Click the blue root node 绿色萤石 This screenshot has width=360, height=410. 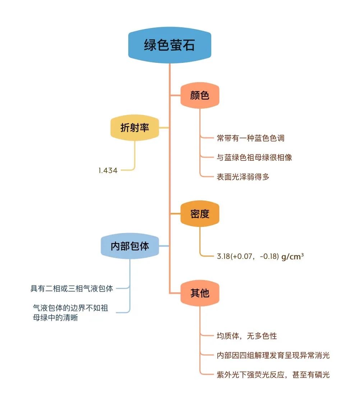pyautogui.click(x=170, y=45)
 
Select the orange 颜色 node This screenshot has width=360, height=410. pyautogui.click(x=200, y=95)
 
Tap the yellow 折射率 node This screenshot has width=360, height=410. pyautogui.click(x=135, y=127)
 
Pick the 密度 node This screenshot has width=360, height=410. pyautogui.click(x=200, y=214)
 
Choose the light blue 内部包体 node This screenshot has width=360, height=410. pyautogui.click(x=130, y=246)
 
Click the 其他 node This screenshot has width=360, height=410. pyautogui.click(x=200, y=293)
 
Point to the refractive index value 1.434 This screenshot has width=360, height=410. pyautogui.click(x=108, y=171)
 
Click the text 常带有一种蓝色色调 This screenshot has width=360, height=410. pyautogui.click(x=250, y=138)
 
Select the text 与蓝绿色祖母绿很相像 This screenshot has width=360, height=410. pyautogui.click(x=254, y=157)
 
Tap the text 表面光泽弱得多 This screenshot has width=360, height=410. pyautogui.click(x=243, y=177)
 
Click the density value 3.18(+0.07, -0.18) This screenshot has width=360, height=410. pyautogui.click(x=248, y=256)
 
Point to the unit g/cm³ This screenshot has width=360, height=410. pyautogui.click(x=292, y=256)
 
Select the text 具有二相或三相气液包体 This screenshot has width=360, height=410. pyautogui.click(x=72, y=288)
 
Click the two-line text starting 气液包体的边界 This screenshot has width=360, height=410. pyautogui.click(x=70, y=313)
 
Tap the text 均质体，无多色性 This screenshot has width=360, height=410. pyautogui.click(x=247, y=336)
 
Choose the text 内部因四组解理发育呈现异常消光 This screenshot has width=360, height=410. pyautogui.click(x=273, y=355)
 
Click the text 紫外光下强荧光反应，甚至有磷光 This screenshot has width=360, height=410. pyautogui.click(x=273, y=375)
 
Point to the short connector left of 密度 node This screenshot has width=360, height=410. pyautogui.click(x=175, y=214)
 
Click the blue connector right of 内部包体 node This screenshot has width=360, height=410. pyautogui.click(x=164, y=246)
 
